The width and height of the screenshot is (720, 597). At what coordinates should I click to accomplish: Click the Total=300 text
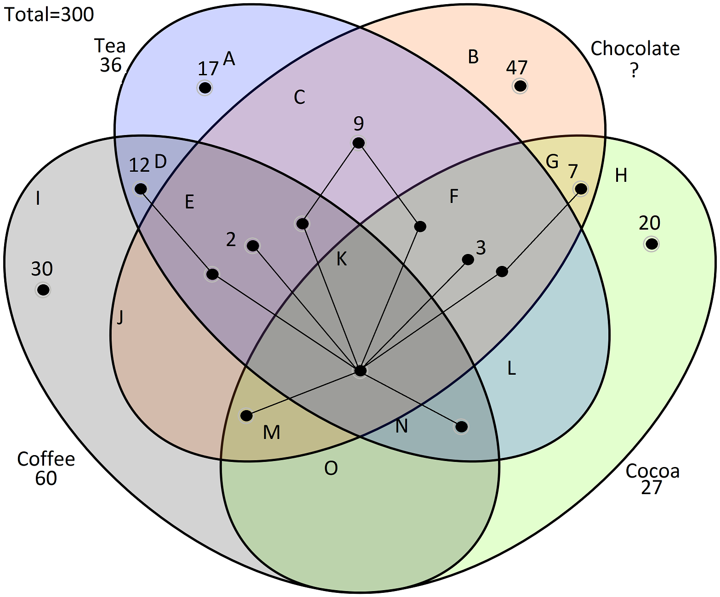tap(49, 14)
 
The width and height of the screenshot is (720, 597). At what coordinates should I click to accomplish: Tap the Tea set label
tap(110, 46)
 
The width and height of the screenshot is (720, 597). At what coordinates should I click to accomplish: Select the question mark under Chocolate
tap(634, 70)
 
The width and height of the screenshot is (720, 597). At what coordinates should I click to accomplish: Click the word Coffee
tap(46, 459)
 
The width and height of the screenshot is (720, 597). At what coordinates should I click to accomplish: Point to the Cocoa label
tap(652, 471)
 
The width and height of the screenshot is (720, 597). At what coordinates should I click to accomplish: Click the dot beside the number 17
tap(205, 87)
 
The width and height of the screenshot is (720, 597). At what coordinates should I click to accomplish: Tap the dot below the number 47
tap(520, 86)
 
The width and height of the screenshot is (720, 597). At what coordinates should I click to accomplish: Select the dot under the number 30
tap(43, 290)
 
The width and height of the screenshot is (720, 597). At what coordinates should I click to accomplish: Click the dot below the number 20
tap(651, 244)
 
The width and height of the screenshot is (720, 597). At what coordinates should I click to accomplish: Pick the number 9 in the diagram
tap(359, 123)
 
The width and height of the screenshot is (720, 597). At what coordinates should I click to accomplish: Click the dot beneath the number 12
tap(141, 189)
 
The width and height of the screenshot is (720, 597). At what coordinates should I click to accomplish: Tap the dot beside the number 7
tap(581, 188)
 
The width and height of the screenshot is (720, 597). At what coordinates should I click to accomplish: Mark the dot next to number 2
tap(253, 246)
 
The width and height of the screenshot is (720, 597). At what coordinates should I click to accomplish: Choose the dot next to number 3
tap(468, 259)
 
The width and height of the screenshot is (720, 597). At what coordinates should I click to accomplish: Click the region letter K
tap(341, 259)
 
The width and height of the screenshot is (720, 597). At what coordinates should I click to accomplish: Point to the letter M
tap(272, 432)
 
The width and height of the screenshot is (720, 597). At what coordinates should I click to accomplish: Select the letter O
tap(331, 468)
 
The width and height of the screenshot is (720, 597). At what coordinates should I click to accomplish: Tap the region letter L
tap(511, 368)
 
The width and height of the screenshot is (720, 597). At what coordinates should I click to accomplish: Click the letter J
tap(120, 316)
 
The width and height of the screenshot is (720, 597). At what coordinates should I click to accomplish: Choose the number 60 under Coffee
tap(46, 479)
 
